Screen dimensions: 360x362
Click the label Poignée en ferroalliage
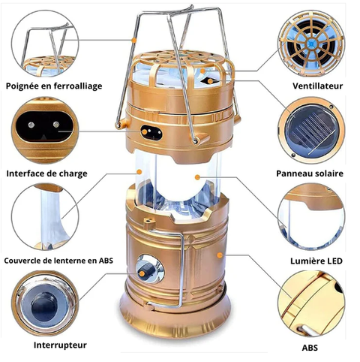tap(54, 86)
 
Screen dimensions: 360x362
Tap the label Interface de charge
tap(47, 173)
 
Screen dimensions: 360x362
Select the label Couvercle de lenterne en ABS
tap(58, 261)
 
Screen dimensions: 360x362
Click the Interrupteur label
tap(60, 345)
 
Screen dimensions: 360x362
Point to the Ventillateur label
tap(317, 86)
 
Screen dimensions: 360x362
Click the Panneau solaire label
tap(310, 173)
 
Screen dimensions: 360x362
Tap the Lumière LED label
tap(316, 261)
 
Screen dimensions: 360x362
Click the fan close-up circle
tap(311, 44)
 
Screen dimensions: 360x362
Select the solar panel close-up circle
tap(311, 131)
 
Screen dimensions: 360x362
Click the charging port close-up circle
tap(45, 131)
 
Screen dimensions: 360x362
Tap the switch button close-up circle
tap(45, 303)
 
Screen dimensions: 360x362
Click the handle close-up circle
tap(45, 44)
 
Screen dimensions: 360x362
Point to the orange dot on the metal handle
tap(134, 40)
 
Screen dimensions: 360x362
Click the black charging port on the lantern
tap(151, 132)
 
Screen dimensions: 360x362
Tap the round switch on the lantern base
tap(150, 269)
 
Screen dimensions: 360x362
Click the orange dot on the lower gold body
tap(220, 255)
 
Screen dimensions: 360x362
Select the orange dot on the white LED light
tap(197, 177)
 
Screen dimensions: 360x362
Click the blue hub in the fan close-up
tap(311, 44)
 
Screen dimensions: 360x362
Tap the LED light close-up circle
tap(311, 217)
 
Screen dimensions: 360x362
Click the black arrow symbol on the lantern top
tap(207, 80)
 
